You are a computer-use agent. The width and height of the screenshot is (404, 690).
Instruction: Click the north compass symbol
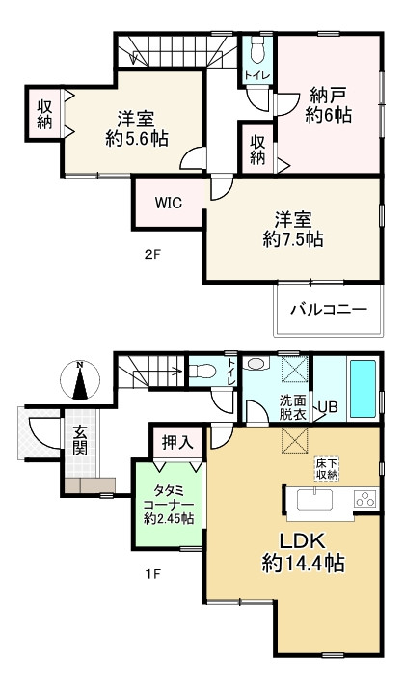click(80, 380)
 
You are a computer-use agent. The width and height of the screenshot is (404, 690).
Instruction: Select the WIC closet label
click(169, 205)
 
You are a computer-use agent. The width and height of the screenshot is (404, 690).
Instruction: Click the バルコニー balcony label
click(330, 311)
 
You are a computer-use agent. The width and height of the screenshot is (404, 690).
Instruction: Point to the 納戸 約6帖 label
click(330, 105)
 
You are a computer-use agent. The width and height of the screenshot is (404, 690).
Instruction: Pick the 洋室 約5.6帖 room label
click(136, 128)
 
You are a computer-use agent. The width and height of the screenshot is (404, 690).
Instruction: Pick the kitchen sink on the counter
click(314, 499)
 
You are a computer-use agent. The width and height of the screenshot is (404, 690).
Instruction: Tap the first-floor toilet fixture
click(203, 370)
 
